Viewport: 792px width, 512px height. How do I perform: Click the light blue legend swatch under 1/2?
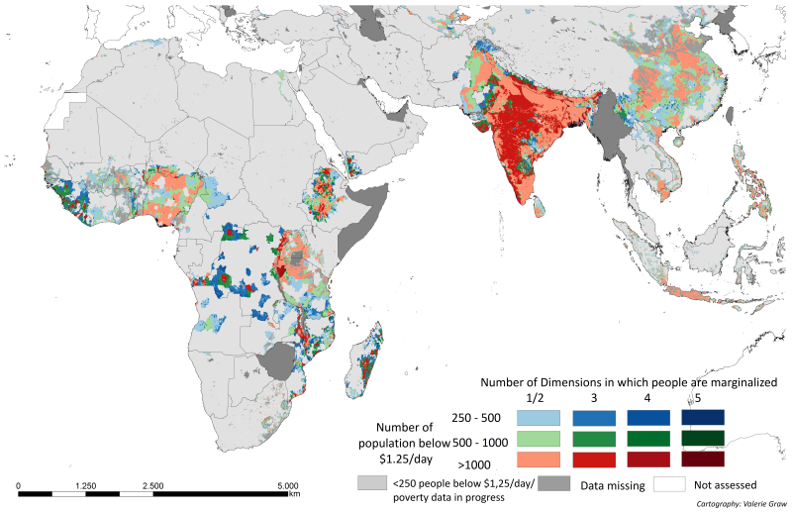coord(539,418)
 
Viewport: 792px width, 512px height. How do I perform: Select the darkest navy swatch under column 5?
coord(703,418)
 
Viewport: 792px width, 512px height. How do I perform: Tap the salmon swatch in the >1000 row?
coord(539,460)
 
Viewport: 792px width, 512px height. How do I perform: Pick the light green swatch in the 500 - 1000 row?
coord(539,439)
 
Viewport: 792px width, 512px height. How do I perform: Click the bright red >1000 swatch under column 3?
coord(594,460)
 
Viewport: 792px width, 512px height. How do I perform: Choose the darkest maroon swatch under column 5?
coord(703,459)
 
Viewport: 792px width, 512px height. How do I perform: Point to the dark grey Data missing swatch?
coord(554,483)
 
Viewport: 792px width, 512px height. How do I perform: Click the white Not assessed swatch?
coord(670,483)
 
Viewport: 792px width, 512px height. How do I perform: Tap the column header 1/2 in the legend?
coord(535,398)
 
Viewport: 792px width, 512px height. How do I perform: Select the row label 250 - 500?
coord(476,418)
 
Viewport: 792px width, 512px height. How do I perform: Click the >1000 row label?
coord(474,464)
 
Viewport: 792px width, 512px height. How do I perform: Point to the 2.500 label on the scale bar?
coord(153,485)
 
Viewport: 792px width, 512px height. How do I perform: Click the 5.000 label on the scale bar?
coord(288,485)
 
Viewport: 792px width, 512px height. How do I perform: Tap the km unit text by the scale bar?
coord(294,493)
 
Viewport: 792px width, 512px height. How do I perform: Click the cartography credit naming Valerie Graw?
coord(742,504)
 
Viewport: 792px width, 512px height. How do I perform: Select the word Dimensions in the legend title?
coord(570,382)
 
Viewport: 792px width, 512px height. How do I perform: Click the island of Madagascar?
coord(364,358)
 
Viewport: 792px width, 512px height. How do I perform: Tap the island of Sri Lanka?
coord(540,206)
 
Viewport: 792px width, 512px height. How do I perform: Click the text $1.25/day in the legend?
coord(406,459)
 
